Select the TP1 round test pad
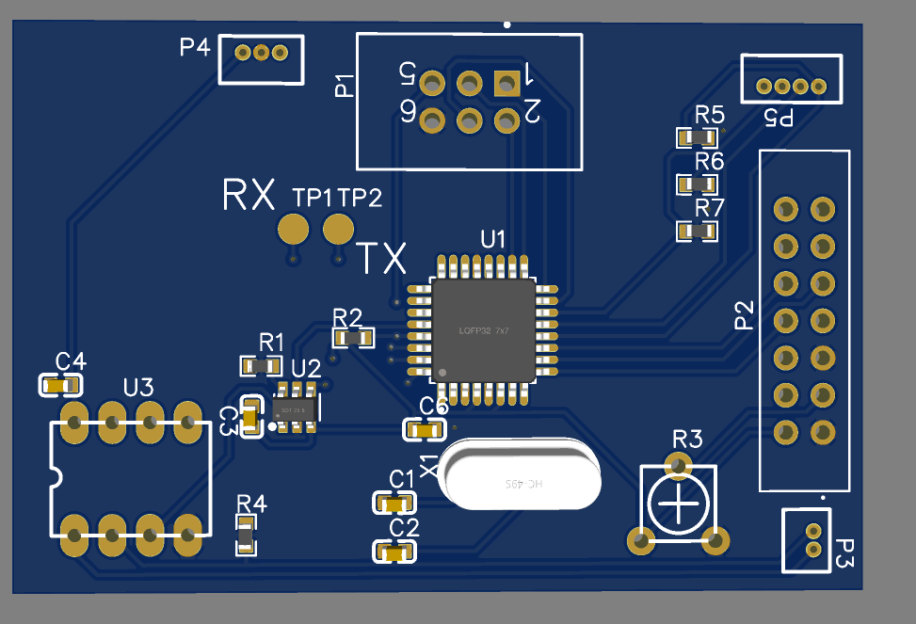294,229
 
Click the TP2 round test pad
338,228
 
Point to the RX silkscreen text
249,195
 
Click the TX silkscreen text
381,257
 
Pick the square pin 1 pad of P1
506,84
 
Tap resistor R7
698,230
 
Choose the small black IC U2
296,409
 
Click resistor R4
246,536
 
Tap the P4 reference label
195,47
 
